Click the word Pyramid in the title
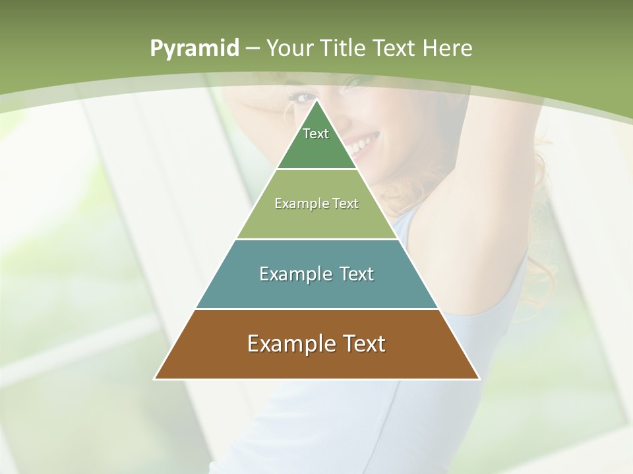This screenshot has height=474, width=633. pyautogui.click(x=194, y=49)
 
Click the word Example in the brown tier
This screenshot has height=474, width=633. pyautogui.click(x=287, y=344)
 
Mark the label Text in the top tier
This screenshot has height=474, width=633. pyautogui.click(x=316, y=134)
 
